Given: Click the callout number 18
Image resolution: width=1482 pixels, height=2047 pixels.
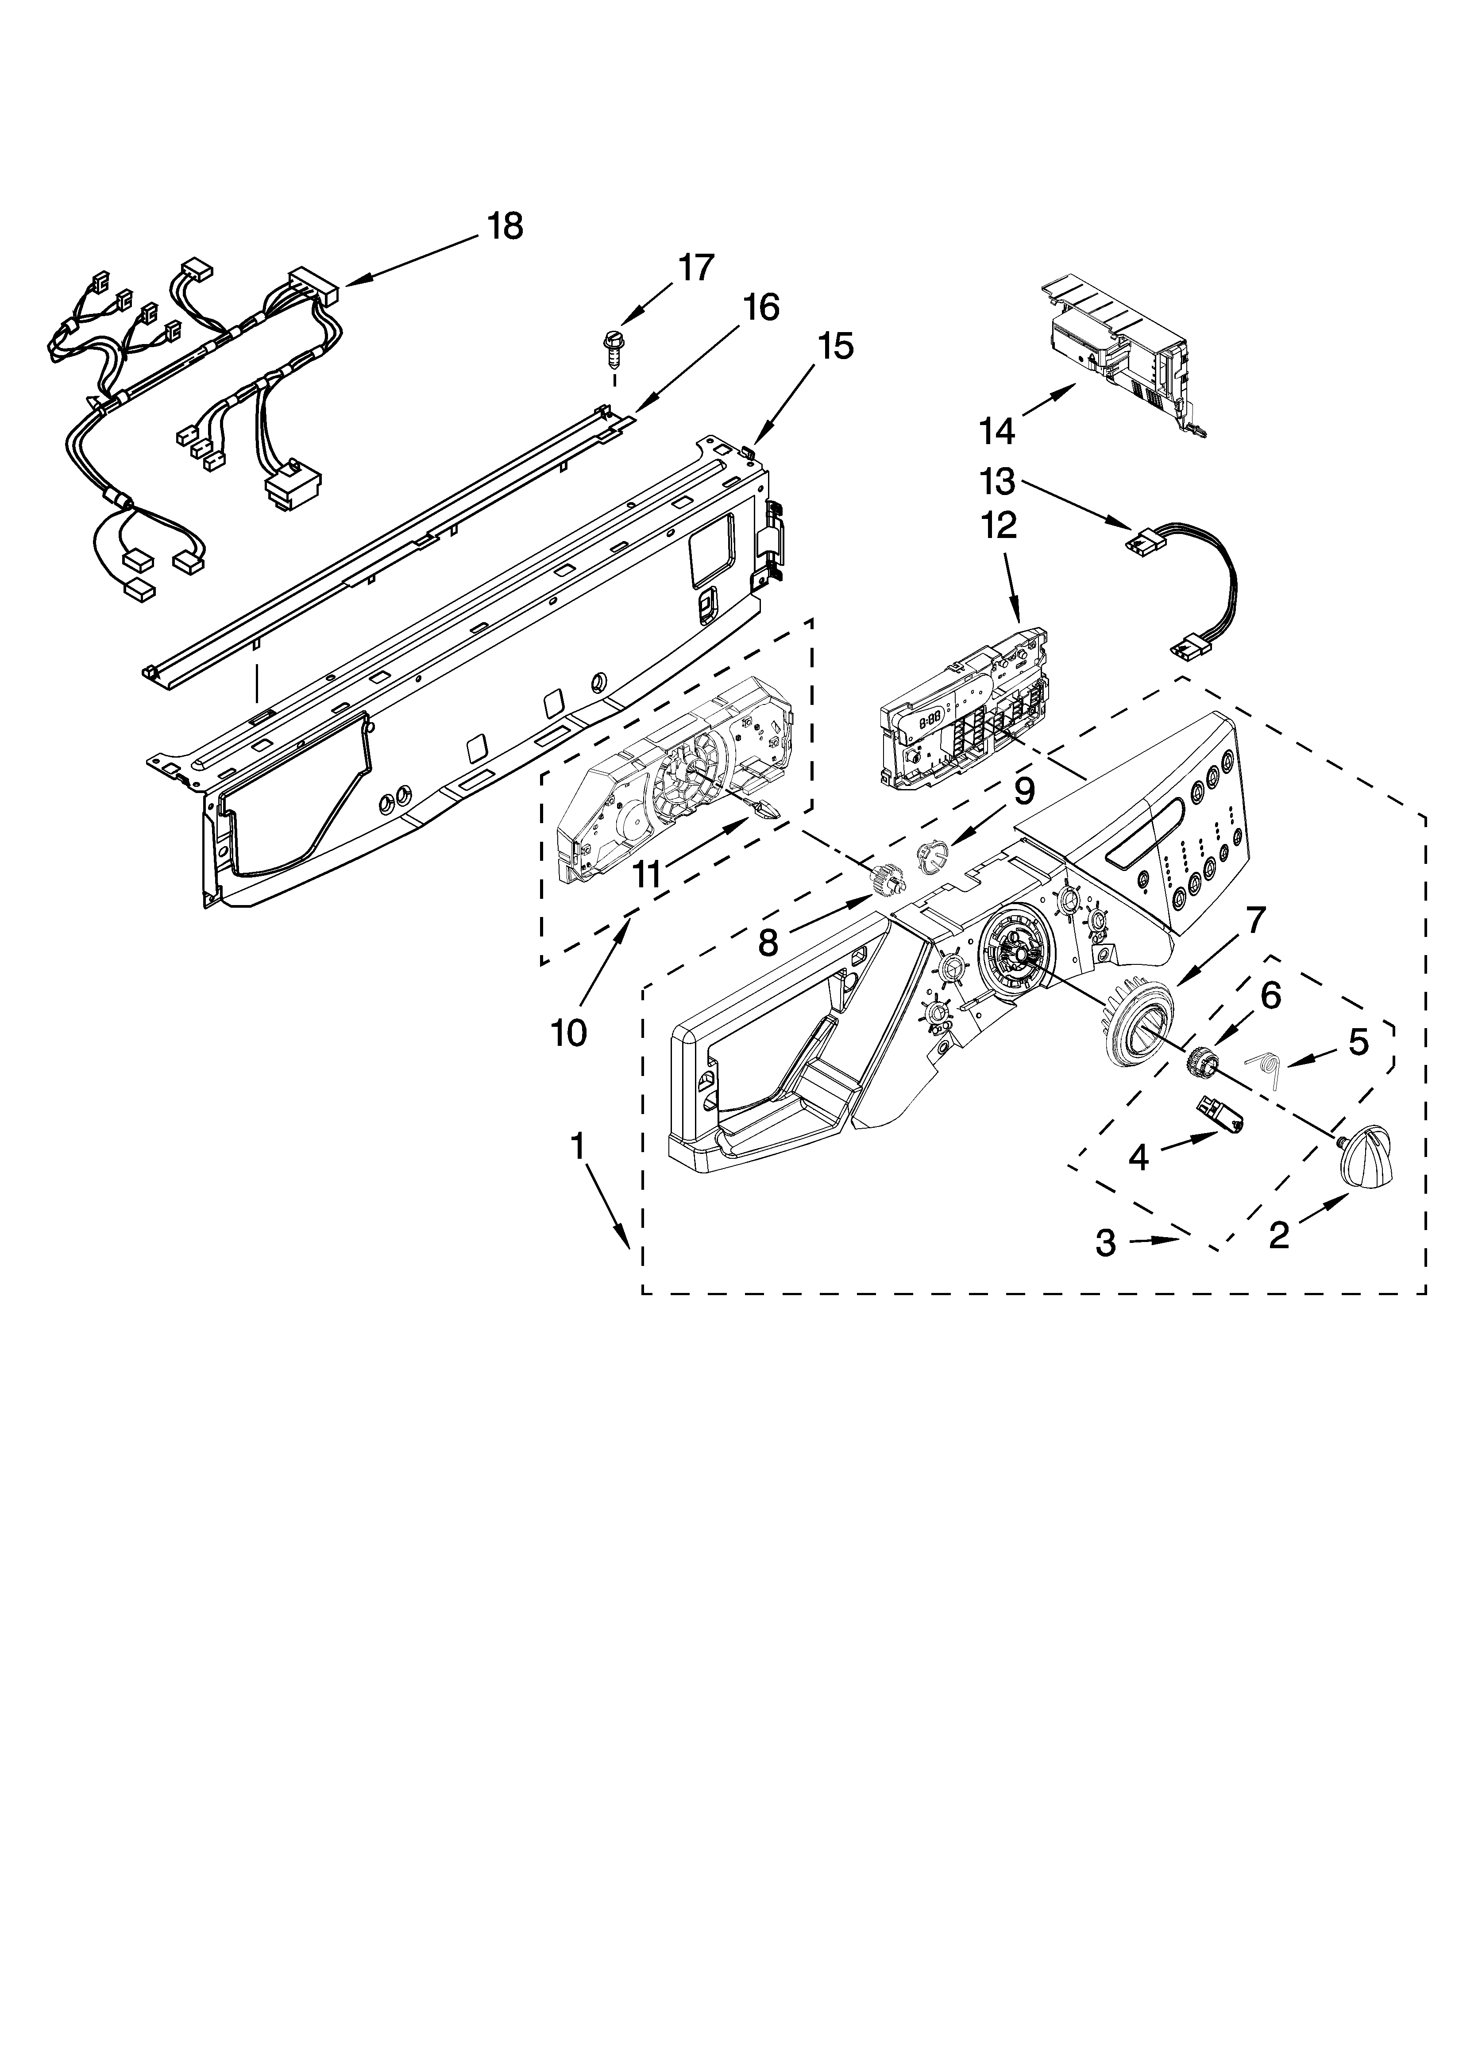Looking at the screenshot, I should tap(506, 227).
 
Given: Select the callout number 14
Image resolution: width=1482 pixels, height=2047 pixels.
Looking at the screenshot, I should tap(997, 431).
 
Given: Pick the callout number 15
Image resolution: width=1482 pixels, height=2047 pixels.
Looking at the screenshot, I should tap(837, 346).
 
